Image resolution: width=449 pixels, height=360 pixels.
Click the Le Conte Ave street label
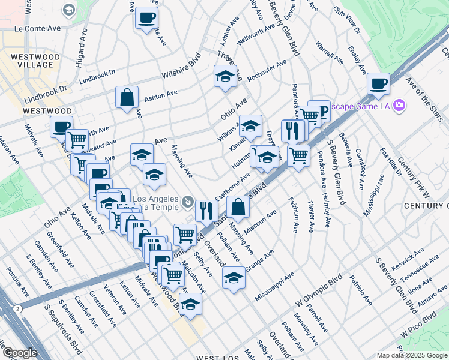[x=38, y=28]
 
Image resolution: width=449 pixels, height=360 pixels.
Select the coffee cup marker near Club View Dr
[x=378, y=84]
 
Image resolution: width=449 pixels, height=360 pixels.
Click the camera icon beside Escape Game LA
[x=399, y=107]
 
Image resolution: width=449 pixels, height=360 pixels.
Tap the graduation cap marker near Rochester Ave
[x=225, y=76]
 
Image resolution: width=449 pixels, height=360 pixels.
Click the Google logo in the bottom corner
[x=20, y=353]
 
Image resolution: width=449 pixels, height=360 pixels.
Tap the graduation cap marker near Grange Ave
[x=234, y=277]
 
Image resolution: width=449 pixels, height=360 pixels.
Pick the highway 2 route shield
[x=19, y=308]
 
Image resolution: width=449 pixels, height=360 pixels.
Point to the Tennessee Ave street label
[x=419, y=266]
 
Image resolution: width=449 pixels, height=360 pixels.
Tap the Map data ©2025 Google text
[x=412, y=355]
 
